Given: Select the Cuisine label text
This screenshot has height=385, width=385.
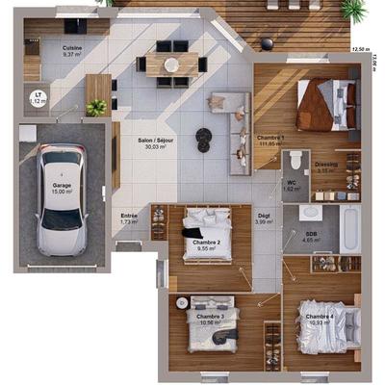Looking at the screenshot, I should [x=72, y=48].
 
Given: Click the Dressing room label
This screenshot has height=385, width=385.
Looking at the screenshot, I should [x=325, y=165].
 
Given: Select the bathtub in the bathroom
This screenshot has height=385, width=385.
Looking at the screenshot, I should [x=348, y=228].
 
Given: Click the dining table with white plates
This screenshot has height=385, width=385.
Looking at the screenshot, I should [x=171, y=64].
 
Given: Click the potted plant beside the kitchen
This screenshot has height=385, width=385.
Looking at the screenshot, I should [x=95, y=108].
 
